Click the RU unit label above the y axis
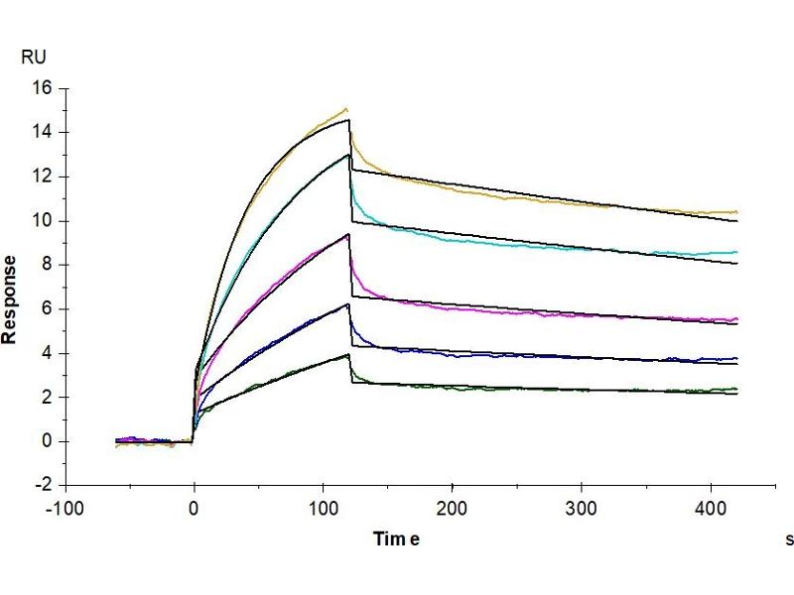pos(33,57)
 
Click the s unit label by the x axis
pos(790,540)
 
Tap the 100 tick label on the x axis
pos(323,507)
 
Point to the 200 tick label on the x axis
pos(452,507)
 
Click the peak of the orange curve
pos(346,109)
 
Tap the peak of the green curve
pos(347,354)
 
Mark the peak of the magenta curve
pos(347,235)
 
